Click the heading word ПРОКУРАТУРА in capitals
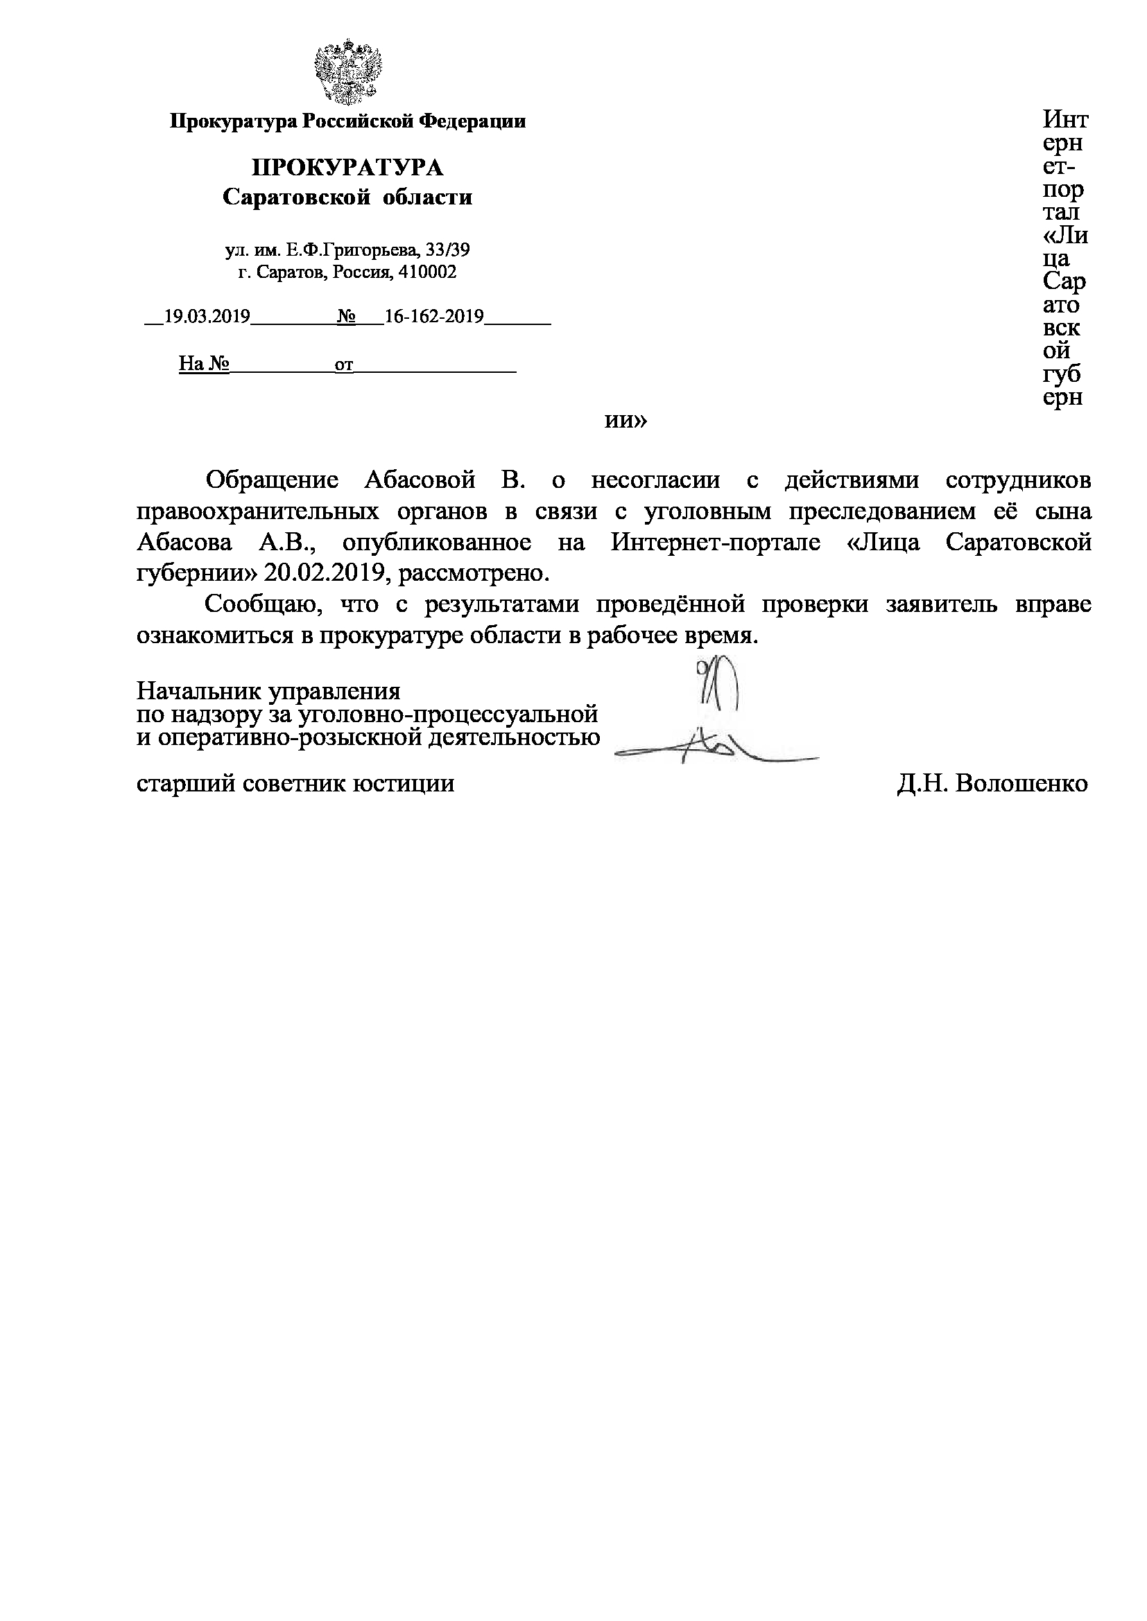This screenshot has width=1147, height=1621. click(x=347, y=168)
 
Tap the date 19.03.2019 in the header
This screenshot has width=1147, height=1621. click(x=207, y=316)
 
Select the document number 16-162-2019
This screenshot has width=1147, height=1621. click(x=433, y=316)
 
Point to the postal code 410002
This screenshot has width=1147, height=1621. click(x=427, y=272)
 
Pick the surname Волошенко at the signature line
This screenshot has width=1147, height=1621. click(x=1021, y=784)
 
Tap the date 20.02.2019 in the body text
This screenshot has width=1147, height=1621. click(x=324, y=573)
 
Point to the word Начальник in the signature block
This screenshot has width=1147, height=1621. click(x=189, y=690)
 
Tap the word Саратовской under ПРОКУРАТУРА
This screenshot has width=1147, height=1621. click(x=296, y=197)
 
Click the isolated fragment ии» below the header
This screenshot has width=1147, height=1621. click(x=626, y=421)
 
